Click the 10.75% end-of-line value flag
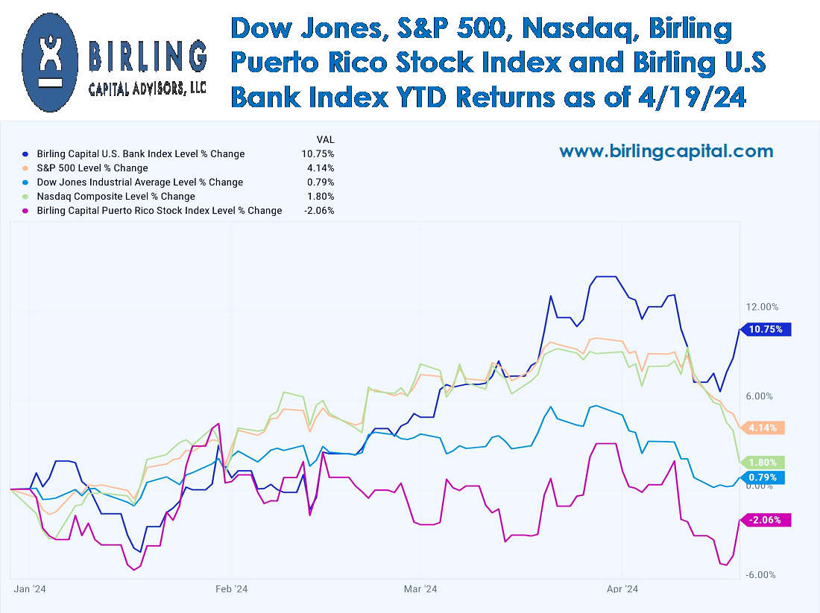coord(766,329)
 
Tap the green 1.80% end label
coord(762,463)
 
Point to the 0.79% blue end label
coord(762,477)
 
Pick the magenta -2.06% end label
coord(763,521)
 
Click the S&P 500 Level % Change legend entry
coord(92,168)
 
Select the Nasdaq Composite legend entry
coord(116,197)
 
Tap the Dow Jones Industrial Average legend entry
coord(139,182)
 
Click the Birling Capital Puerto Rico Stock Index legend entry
coord(159,211)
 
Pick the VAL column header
coord(326,139)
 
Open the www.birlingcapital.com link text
coord(666,152)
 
